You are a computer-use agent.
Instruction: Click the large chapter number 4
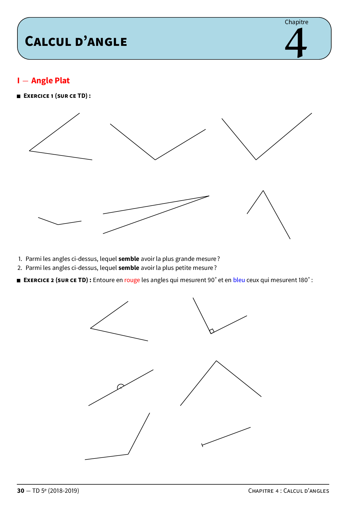click(x=296, y=43)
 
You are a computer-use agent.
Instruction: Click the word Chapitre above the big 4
click(x=296, y=22)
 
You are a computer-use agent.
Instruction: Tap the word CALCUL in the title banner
click(x=48, y=41)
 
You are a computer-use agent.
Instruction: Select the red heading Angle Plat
click(x=51, y=80)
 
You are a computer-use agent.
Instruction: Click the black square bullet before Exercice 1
click(x=19, y=96)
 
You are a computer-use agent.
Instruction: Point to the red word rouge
click(x=132, y=280)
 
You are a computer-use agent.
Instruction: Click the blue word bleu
click(x=239, y=280)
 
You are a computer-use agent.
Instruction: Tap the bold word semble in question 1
click(x=129, y=259)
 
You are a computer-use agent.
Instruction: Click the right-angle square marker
click(x=212, y=331)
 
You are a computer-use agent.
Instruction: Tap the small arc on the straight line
click(x=120, y=387)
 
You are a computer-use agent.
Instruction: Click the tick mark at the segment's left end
click(x=202, y=445)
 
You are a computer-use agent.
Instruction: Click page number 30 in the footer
click(x=21, y=491)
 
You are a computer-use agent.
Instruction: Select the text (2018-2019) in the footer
click(x=64, y=491)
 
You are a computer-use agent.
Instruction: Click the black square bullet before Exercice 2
click(x=19, y=280)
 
